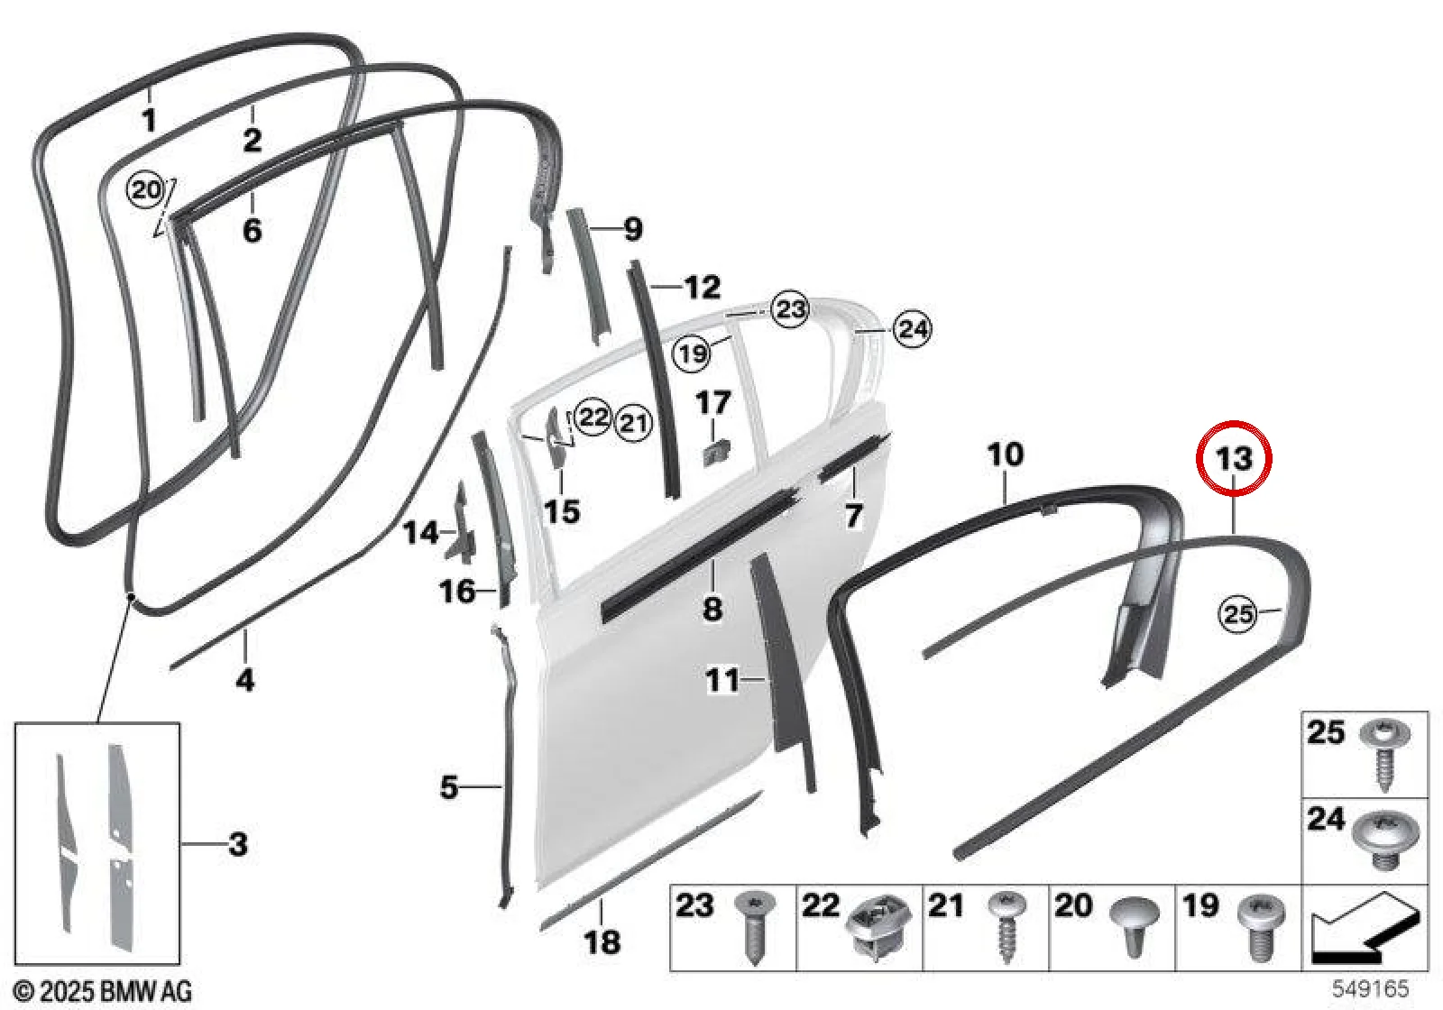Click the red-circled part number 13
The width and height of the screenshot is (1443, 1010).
(1234, 459)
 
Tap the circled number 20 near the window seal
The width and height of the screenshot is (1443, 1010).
(146, 190)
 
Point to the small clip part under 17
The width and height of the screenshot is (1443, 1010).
(715, 452)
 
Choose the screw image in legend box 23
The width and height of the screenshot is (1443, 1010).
(755, 927)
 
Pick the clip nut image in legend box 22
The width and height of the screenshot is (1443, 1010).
(878, 929)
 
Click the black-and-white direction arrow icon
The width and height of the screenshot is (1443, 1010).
(1365, 928)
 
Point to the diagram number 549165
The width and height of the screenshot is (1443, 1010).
(1370, 987)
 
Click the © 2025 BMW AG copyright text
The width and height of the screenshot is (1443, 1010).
(103, 990)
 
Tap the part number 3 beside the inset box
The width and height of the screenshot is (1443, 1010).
(238, 844)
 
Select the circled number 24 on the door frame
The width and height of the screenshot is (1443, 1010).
(914, 330)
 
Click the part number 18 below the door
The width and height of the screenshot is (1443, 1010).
(602, 942)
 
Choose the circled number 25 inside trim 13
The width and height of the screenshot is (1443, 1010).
(1237, 613)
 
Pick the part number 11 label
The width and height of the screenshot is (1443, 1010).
(722, 680)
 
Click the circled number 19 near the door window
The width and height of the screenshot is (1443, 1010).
(692, 353)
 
